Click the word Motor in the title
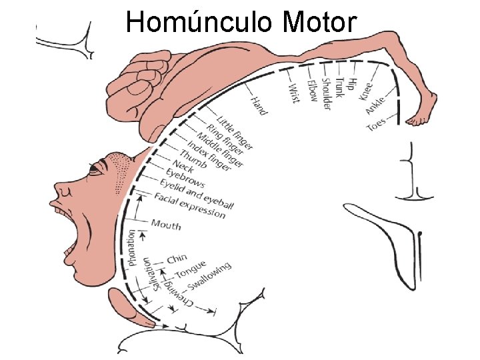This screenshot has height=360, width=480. coord(319,22)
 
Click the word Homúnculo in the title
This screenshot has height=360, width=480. coord(201,22)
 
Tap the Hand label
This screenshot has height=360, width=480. coord(259,106)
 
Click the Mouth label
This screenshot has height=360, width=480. coord(166,224)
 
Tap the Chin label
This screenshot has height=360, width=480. coord(177,259)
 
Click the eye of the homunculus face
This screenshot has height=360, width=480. coord(95,168)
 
